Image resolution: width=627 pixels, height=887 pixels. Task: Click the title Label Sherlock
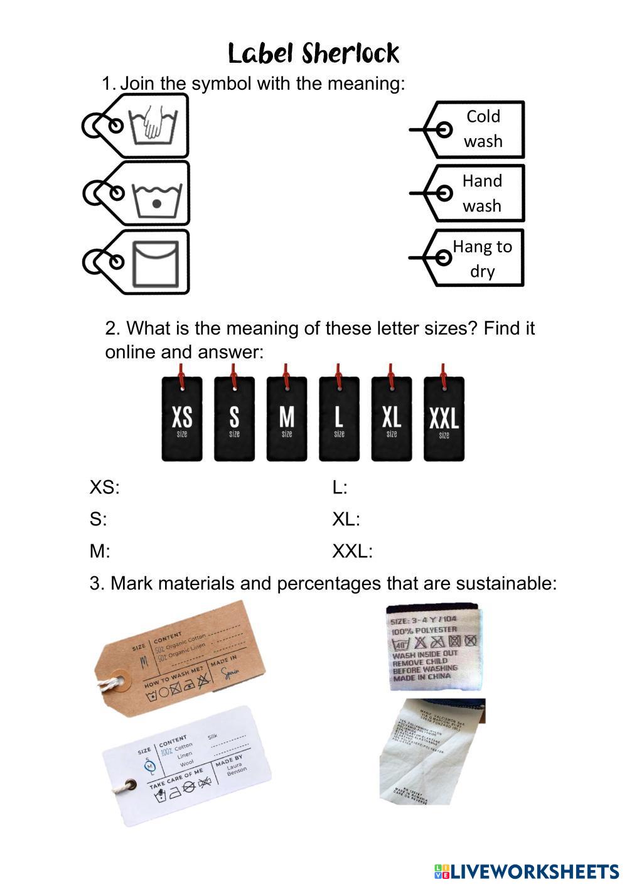(x=313, y=54)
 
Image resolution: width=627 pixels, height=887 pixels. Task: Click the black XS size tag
(x=182, y=419)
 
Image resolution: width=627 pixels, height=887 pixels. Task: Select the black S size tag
(x=234, y=419)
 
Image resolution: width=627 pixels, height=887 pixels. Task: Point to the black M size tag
(x=287, y=419)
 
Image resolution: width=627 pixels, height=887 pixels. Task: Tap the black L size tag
(x=339, y=419)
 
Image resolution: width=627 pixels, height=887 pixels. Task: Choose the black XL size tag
(x=392, y=419)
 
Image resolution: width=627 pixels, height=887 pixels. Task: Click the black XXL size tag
(x=444, y=419)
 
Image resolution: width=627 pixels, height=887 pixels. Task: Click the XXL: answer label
(x=352, y=552)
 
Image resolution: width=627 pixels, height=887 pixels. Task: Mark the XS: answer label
(x=104, y=488)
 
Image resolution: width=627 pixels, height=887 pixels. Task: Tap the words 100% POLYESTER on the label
(x=424, y=630)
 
